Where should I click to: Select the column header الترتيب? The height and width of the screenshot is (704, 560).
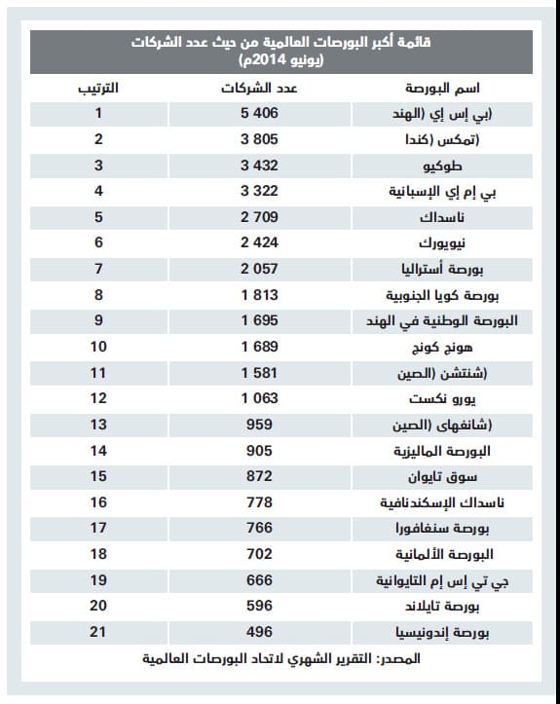(x=98, y=88)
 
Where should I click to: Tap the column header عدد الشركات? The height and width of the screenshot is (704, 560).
(x=257, y=88)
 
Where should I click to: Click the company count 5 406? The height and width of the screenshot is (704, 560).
(x=257, y=114)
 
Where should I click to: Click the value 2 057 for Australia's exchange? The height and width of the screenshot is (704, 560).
(x=257, y=268)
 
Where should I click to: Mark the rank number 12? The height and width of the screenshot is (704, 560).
(x=98, y=398)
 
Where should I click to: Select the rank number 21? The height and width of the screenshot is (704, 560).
(x=98, y=633)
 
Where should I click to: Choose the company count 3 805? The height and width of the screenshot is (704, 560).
(x=257, y=140)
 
